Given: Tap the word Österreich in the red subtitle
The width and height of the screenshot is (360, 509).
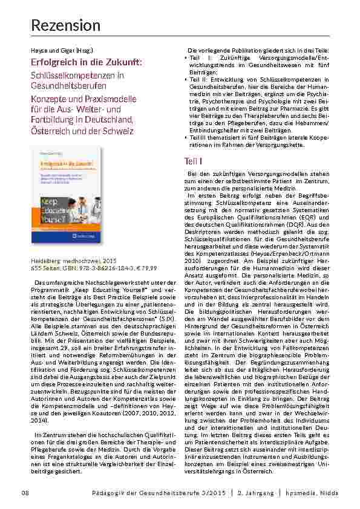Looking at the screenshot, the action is [55, 131].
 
